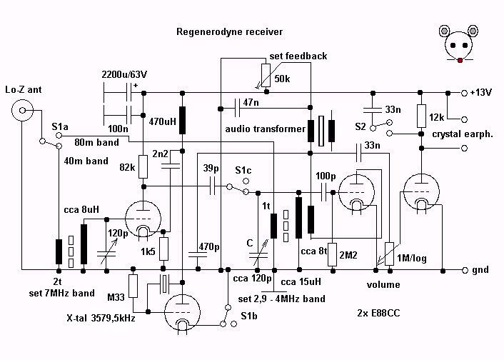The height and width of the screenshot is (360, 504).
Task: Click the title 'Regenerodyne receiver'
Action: click(x=229, y=32)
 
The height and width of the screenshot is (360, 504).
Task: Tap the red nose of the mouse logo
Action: click(x=460, y=60)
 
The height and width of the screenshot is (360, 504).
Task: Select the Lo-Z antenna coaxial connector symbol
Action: click(x=22, y=110)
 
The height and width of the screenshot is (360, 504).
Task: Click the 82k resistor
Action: click(x=143, y=166)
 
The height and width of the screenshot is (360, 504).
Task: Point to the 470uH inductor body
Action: click(x=182, y=120)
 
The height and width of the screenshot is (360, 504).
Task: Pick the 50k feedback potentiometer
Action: click(x=266, y=76)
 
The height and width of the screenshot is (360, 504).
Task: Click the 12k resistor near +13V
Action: click(x=421, y=116)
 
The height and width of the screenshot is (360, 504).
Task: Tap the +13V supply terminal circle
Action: click(x=464, y=93)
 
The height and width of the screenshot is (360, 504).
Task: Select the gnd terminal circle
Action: click(x=465, y=270)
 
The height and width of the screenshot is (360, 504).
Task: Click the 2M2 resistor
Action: click(x=333, y=254)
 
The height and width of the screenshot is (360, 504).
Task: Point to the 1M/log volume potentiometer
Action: click(x=389, y=254)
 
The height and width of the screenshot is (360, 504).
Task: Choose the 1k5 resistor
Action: click(x=163, y=249)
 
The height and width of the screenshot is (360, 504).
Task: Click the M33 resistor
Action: click(x=133, y=286)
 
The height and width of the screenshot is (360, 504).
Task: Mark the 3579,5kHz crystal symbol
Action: click(x=164, y=284)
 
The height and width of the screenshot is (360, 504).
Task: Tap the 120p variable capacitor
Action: click(x=106, y=254)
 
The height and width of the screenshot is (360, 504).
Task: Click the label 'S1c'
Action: click(x=243, y=170)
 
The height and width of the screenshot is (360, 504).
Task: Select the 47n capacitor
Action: click(x=238, y=109)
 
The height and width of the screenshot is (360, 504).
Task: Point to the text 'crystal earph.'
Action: click(x=463, y=134)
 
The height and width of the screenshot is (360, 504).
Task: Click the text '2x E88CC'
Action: click(x=378, y=313)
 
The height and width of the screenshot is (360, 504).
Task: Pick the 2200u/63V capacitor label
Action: click(x=124, y=74)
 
